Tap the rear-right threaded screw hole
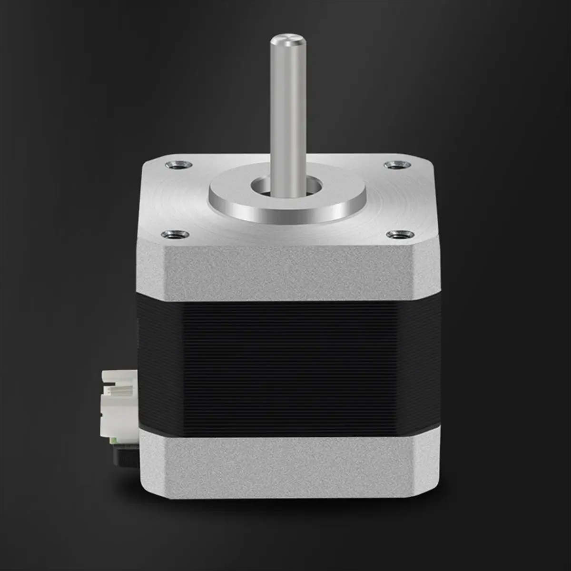tap(393, 165)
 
